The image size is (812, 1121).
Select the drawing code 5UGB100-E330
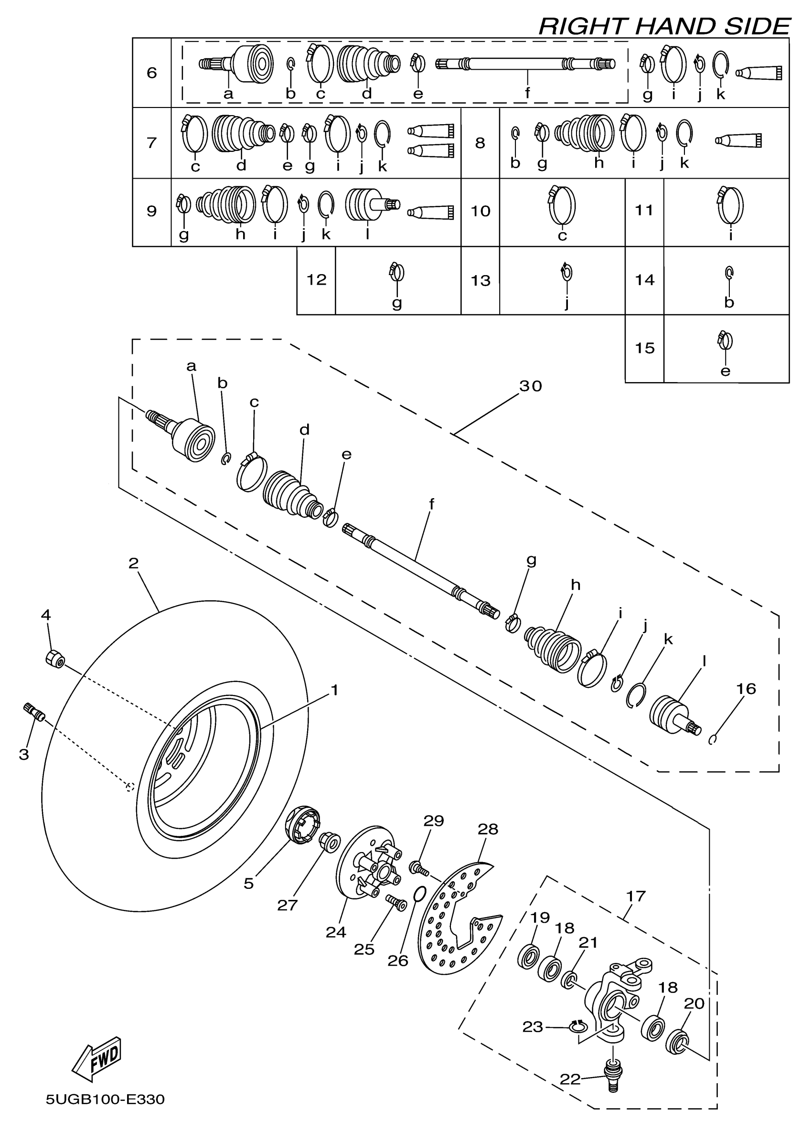point(105,1099)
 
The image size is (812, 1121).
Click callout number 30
point(530,385)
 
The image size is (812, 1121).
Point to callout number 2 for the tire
point(133,563)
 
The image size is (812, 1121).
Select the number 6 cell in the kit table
point(152,73)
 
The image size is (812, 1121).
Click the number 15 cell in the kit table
point(644,348)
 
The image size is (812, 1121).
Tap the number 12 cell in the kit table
point(316,280)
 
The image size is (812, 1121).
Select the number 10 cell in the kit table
point(481,212)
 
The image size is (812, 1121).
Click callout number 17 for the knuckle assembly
point(636,896)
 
